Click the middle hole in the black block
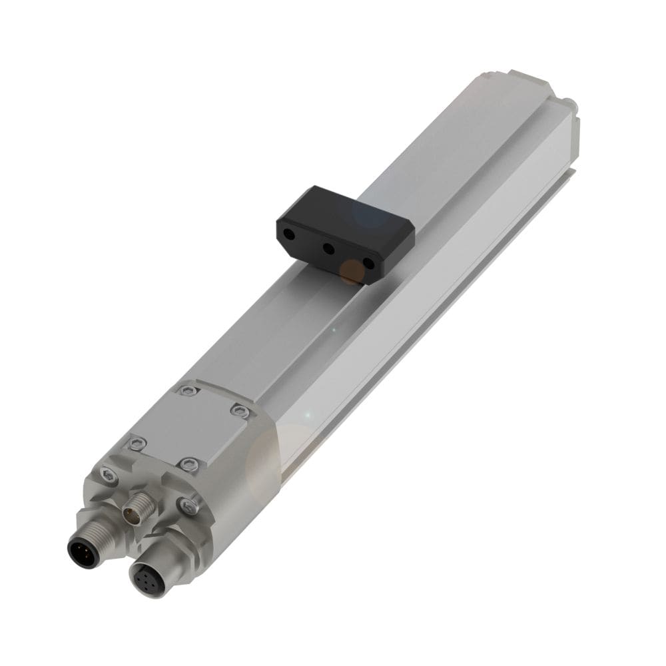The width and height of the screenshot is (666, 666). [x=328, y=249]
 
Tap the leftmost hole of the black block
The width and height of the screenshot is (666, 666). [x=290, y=234]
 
